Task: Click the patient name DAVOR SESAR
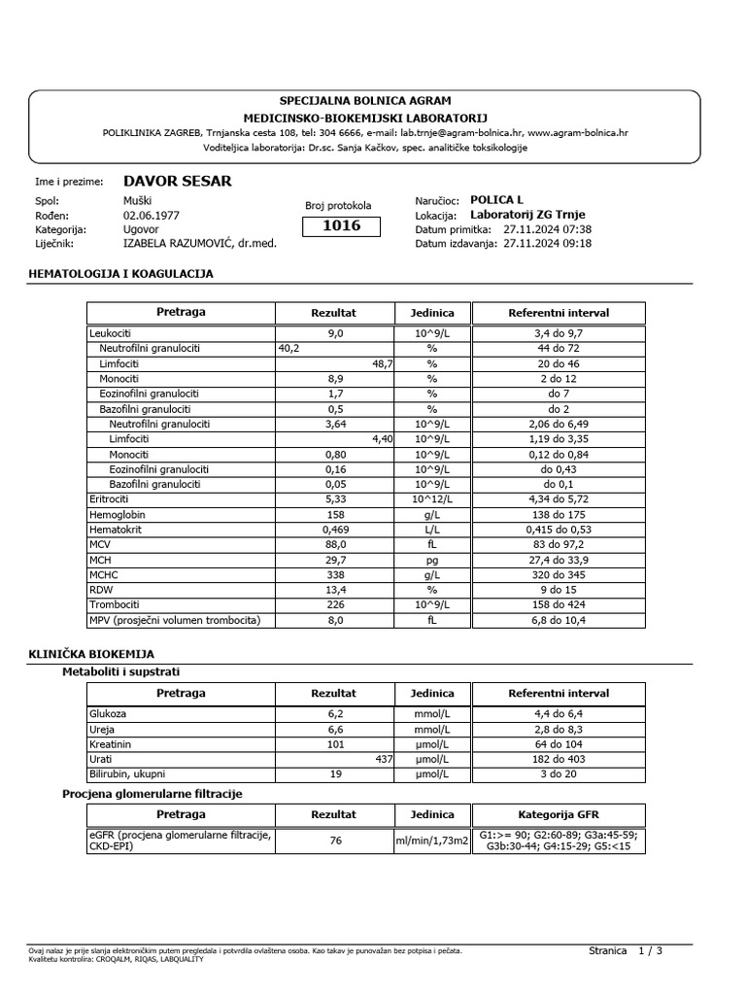[x=177, y=182]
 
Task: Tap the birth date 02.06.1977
[x=151, y=216]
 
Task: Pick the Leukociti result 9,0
[x=334, y=333]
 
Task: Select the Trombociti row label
[x=115, y=604]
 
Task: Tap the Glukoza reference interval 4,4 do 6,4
[x=559, y=713]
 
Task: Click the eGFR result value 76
[x=335, y=841]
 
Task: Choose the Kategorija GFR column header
[x=559, y=815]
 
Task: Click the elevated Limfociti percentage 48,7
[x=380, y=363]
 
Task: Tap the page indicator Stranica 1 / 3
[x=626, y=950]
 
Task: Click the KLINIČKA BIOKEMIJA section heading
[x=91, y=655]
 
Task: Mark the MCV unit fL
[x=432, y=545]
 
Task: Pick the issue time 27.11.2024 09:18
[x=547, y=244]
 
